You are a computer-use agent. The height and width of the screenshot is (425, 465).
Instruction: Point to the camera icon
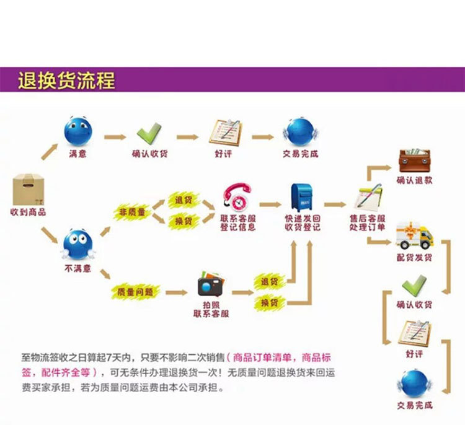(x=210, y=286)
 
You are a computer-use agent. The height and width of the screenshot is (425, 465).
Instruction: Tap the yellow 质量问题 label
(x=136, y=291)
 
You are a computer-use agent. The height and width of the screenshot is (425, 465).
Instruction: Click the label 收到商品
(x=29, y=212)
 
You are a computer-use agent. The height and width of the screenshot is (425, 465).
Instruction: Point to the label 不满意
(x=78, y=269)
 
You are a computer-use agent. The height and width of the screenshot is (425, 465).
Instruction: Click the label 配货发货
(x=414, y=256)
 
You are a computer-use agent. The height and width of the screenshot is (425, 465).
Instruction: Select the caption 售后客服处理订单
(x=369, y=223)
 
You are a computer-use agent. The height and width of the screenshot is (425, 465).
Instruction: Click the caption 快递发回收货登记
(x=303, y=223)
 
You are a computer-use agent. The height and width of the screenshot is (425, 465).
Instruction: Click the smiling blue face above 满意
(x=78, y=131)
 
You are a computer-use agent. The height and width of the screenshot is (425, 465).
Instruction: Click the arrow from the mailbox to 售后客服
(x=335, y=204)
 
